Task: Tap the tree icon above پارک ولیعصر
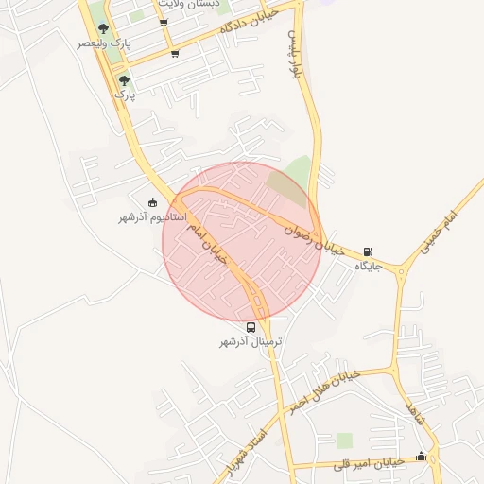pos(103,28)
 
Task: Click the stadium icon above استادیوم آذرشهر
pos(153,201)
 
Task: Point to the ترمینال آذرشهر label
pos(251,341)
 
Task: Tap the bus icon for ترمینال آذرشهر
pos(251,327)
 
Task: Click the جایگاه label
pos(368,267)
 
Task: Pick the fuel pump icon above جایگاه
pos(368,252)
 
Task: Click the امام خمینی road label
pos(438,232)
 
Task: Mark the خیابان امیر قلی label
pos(371,463)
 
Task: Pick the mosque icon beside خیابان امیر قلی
pos(421,458)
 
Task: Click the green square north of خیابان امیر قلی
pos(344,441)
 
